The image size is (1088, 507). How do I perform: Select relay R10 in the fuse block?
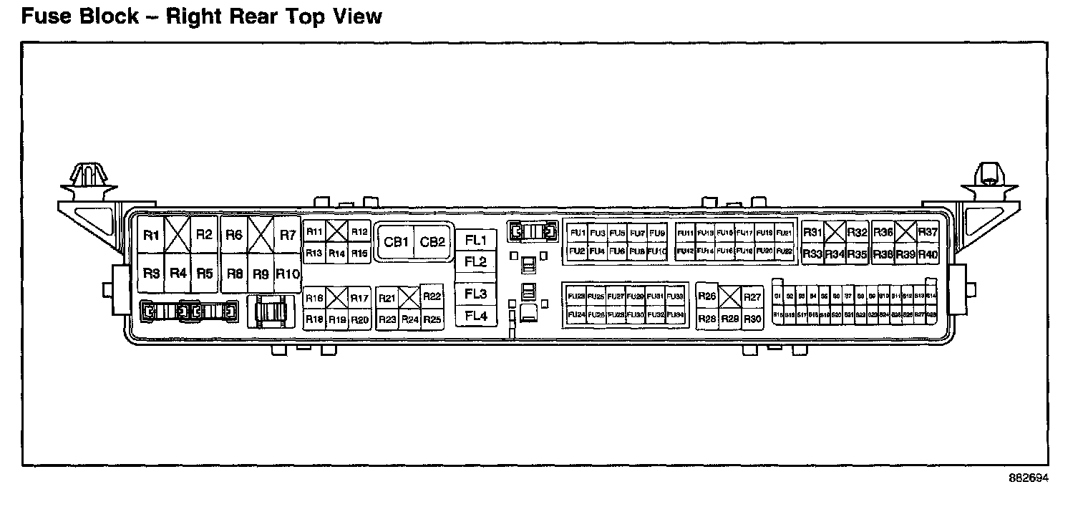click(287, 274)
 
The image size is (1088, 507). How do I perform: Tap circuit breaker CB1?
click(396, 242)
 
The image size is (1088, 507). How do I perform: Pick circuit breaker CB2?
click(432, 242)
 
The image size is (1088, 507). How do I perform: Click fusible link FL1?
click(475, 240)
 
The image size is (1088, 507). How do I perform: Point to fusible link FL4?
click(475, 316)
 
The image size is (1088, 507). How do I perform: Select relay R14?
click(337, 253)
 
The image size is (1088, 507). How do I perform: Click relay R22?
click(432, 297)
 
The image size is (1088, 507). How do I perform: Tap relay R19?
click(337, 320)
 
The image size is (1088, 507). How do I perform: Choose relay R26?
click(707, 296)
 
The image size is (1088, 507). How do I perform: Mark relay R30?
click(752, 319)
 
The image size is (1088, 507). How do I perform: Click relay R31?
click(812, 232)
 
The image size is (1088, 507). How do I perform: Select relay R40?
click(928, 254)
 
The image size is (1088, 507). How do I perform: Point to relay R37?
click(928, 232)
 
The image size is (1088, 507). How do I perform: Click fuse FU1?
click(578, 233)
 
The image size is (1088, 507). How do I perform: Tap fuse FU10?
click(657, 251)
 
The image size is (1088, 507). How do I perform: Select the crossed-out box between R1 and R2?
click(178, 234)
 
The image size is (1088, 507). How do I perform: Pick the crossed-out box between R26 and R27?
click(729, 296)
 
